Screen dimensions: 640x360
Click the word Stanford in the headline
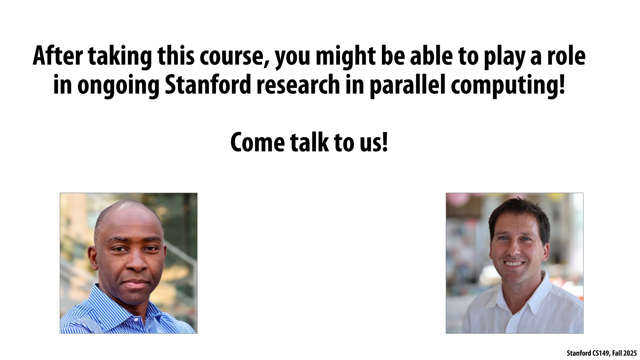tap(208, 85)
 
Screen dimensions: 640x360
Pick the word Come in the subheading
tap(257, 142)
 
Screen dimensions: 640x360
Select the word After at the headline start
tap(57, 56)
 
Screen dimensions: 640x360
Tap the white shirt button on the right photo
tap(513, 324)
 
